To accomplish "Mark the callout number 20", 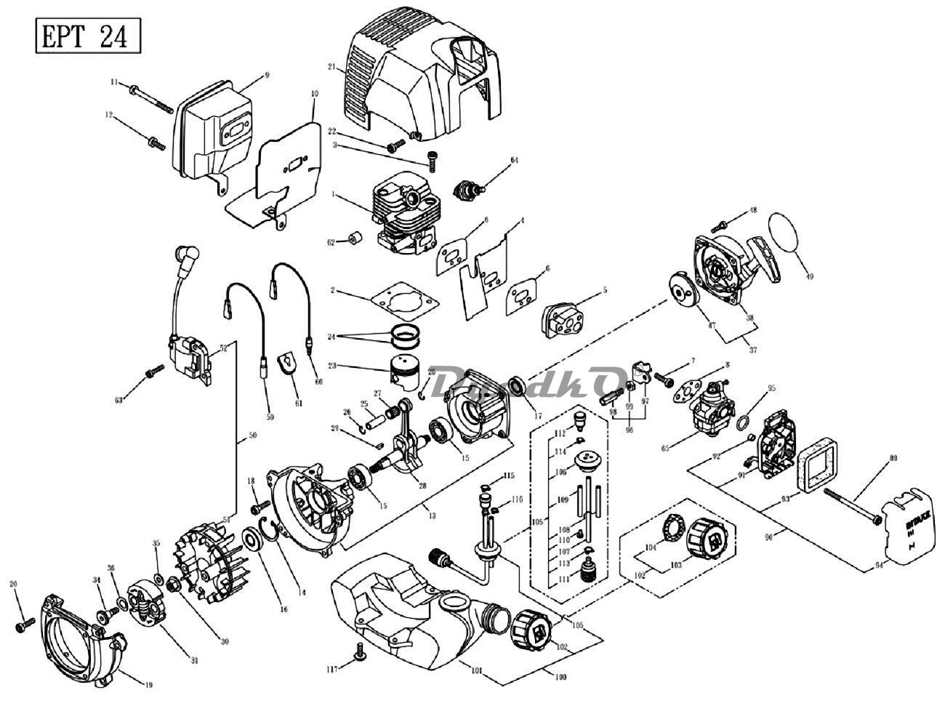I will pyautogui.click(x=14, y=584).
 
